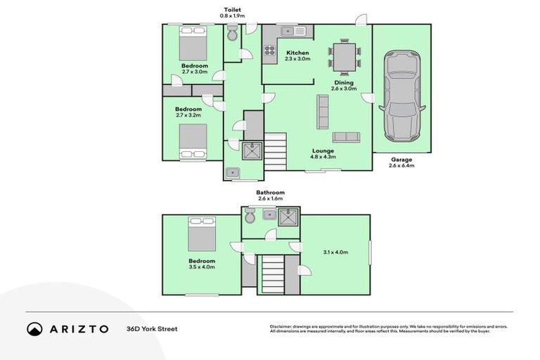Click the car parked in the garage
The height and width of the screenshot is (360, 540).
click(401, 96)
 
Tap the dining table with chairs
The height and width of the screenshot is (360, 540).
click(345, 56)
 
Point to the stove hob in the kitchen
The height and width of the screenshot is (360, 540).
click(269, 49)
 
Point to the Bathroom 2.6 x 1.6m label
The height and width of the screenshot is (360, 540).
click(270, 195)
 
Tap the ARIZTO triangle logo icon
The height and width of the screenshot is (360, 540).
click(34, 328)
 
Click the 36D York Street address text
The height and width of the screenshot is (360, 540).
click(152, 328)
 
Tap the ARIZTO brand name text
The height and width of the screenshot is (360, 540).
click(79, 328)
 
